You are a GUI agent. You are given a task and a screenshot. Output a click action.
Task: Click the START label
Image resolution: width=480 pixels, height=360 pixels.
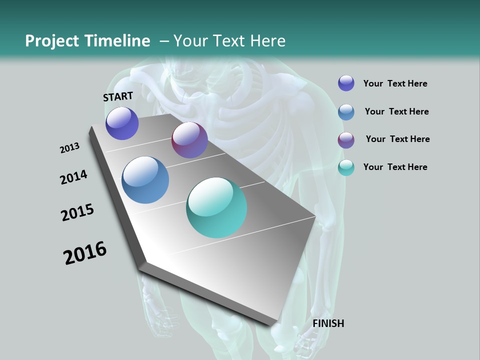point(118,96)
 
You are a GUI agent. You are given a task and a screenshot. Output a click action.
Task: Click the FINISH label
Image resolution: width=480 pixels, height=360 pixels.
point(328,323)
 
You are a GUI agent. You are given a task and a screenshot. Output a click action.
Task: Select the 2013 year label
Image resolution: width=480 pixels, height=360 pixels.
point(69,148)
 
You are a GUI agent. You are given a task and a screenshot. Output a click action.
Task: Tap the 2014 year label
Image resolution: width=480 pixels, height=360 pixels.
point(73,177)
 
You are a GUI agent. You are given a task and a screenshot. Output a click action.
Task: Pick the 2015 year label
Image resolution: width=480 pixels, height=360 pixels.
point(77,212)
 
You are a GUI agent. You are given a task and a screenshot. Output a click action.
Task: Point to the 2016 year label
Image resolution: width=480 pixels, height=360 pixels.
point(85,253)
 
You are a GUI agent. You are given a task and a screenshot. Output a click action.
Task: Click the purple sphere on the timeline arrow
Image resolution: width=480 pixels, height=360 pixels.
point(122,123)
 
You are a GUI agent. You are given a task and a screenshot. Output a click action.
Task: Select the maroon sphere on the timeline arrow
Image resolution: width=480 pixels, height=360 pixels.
point(189,140)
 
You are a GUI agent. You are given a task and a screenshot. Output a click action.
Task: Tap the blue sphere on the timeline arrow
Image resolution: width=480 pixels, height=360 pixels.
point(145,180)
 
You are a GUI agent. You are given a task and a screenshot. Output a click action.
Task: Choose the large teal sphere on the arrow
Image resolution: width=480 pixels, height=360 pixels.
point(216,207)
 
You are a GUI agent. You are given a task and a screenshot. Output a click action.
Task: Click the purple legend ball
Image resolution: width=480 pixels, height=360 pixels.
point(346,83)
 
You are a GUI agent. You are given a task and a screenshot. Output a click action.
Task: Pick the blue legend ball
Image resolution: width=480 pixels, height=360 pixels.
point(346,112)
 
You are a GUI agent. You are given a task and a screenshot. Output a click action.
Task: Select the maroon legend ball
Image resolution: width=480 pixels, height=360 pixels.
point(346,140)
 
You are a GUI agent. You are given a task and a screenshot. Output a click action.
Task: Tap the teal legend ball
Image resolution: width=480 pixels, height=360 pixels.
point(346,168)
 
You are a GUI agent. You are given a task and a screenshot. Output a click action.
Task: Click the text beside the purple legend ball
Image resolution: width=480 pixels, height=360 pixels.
point(395,84)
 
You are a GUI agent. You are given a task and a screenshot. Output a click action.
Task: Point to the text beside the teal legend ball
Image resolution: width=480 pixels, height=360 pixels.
point(395,167)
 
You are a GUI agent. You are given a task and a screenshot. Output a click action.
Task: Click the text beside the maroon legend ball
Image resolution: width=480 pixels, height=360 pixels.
point(397,139)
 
